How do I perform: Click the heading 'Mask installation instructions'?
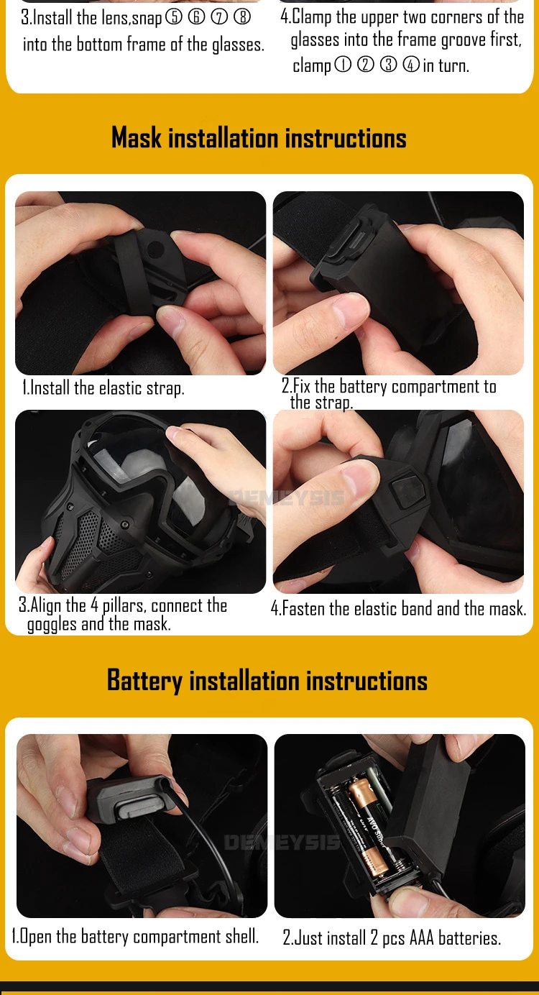pyautogui.click(x=259, y=137)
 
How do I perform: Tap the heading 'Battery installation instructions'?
pyautogui.click(x=267, y=680)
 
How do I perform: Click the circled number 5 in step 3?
pyautogui.click(x=174, y=17)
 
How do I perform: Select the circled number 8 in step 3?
pyautogui.click(x=242, y=17)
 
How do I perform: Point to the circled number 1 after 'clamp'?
pyautogui.click(x=342, y=65)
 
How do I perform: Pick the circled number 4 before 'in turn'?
pyautogui.click(x=411, y=65)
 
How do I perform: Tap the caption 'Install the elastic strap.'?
pyautogui.click(x=103, y=388)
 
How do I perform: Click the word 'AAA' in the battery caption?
pyautogui.click(x=421, y=937)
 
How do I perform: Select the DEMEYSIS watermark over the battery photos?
pyautogui.click(x=282, y=842)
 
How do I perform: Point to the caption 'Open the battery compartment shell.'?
pyautogui.click(x=135, y=936)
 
